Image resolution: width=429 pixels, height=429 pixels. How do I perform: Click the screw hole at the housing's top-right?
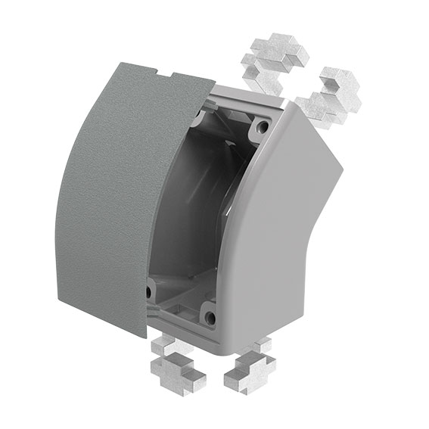(x=263, y=126)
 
